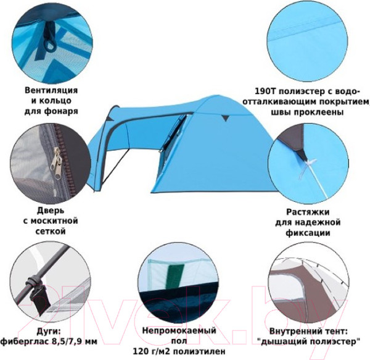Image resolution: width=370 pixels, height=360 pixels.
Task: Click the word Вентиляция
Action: pyautogui.click(x=51, y=91)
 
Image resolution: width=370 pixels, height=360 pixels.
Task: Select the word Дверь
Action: pyautogui.click(x=51, y=210)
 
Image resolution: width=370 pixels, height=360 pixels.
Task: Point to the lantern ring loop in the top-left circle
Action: pyautogui.click(x=50, y=45)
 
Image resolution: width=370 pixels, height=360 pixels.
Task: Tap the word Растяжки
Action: pyautogui.click(x=308, y=212)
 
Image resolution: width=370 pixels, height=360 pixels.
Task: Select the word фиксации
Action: pyautogui.click(x=308, y=233)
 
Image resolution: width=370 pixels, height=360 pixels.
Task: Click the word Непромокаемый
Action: pyautogui.click(x=179, y=330)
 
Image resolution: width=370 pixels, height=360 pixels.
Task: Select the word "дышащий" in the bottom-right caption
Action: pyautogui.click(x=281, y=342)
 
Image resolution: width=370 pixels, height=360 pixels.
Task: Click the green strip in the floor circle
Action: pyautogui.click(x=176, y=276)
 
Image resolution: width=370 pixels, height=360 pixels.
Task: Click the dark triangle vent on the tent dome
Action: pyautogui.click(x=225, y=118)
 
